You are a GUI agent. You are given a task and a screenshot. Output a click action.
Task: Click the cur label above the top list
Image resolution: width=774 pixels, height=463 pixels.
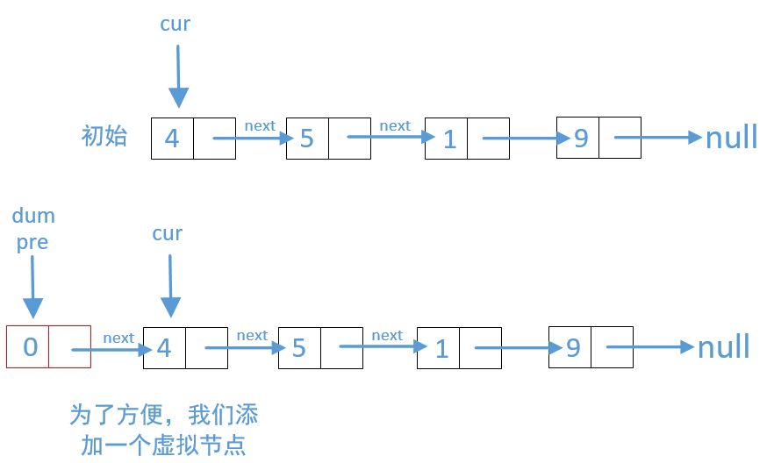pos(175,25)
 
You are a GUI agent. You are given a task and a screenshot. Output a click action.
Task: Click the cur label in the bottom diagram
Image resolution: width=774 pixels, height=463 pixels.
pos(167,233)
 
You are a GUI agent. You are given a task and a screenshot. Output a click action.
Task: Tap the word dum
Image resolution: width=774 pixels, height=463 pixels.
pos(33,216)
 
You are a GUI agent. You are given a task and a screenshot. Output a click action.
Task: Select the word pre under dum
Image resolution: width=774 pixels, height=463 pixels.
pos(32,242)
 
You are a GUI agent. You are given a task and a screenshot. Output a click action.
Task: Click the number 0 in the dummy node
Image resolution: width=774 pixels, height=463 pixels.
pos(30,347)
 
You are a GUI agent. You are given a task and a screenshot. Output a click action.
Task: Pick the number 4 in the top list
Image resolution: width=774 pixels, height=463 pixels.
pos(172,139)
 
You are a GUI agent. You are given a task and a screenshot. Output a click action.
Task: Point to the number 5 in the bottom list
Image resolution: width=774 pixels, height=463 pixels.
pos(299,348)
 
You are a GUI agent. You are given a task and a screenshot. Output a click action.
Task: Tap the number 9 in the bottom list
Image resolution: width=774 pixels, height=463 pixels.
pos(573,348)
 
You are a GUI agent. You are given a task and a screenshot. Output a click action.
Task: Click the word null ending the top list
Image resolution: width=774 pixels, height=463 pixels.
pos(731,138)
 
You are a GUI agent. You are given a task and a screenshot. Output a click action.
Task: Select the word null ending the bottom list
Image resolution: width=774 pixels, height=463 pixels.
pos(723,347)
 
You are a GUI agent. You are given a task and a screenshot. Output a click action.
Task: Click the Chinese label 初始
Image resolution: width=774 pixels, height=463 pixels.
pos(104,136)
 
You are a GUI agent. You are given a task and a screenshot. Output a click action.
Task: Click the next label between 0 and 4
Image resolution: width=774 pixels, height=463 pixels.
pos(118,338)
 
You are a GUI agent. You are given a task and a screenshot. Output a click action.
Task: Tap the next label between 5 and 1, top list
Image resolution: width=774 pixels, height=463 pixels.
pos(395,125)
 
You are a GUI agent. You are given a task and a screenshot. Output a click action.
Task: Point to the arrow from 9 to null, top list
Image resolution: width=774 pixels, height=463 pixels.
pos(658,138)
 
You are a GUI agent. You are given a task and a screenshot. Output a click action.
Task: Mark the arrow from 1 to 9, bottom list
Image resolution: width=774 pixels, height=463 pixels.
pos(518,348)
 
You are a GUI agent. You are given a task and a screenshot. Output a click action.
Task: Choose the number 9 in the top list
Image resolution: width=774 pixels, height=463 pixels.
pos(581,139)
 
